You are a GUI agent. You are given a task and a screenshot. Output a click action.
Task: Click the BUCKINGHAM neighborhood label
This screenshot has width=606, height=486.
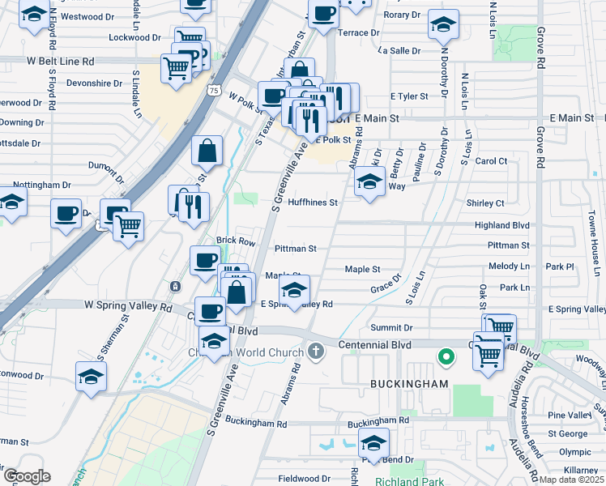[x=398, y=382]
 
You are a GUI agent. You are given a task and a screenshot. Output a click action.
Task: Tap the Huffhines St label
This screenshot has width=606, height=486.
[x=311, y=202]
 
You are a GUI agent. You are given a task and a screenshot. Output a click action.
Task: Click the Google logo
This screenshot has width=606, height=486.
[x=26, y=476]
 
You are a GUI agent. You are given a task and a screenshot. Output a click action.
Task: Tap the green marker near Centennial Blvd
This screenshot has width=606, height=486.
[x=445, y=356]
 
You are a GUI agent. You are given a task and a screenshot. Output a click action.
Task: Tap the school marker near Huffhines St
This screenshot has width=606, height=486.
[x=369, y=184]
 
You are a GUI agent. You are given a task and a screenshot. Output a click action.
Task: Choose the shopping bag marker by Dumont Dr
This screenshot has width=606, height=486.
[x=207, y=149]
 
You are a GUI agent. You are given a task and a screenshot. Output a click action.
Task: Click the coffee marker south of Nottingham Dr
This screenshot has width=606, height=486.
[x=66, y=215]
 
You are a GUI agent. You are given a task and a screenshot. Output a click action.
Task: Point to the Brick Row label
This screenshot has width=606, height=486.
[x=236, y=241]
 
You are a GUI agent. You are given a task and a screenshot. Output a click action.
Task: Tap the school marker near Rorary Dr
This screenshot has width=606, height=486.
[x=443, y=25]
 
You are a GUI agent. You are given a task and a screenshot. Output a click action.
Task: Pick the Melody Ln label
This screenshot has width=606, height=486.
[x=509, y=266]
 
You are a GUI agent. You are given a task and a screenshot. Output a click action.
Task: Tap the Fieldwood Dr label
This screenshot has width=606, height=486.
[x=305, y=479]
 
